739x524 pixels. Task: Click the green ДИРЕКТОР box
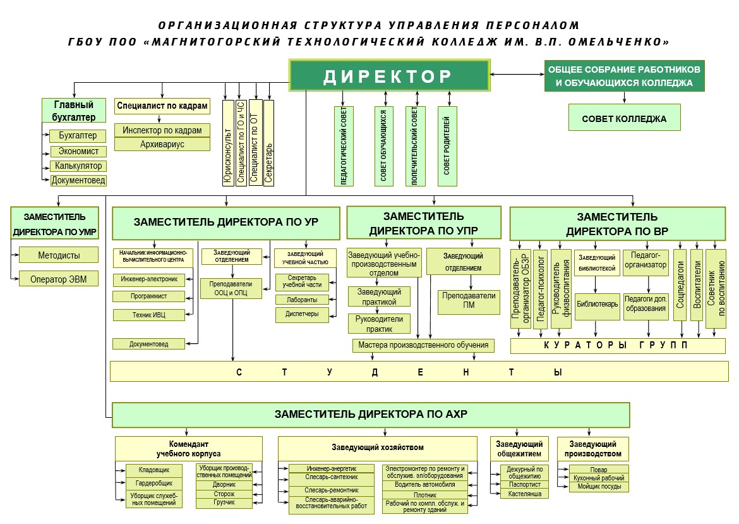(389, 75)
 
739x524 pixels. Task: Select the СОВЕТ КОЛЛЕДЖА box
(624, 118)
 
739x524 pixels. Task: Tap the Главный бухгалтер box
(73, 111)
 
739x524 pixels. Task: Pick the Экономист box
(78, 152)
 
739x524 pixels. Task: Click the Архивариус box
(162, 144)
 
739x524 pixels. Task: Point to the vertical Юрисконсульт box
(228, 143)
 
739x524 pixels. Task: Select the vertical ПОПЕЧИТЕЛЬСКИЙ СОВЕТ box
(415, 146)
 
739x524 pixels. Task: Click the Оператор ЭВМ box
(59, 279)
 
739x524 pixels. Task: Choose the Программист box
(149, 296)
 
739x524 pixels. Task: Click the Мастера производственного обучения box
(423, 345)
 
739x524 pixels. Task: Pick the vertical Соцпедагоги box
(680, 285)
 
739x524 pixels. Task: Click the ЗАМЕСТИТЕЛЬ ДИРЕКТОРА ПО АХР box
(371, 415)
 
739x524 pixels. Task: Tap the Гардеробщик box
(154, 483)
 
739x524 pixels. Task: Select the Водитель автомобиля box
(425, 484)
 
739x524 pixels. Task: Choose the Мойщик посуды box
(599, 487)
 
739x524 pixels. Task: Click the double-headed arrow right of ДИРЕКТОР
(517, 74)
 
